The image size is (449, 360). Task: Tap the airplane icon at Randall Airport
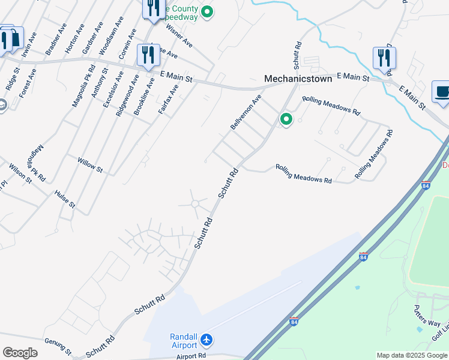[207, 340]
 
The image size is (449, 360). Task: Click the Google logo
[20, 353]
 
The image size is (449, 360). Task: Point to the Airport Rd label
[191, 355]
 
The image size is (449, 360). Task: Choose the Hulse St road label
[64, 199]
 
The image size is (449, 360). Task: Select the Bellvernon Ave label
[246, 112]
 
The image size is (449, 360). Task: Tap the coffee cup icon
[442, 92]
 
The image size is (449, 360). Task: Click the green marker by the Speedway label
[207, 11]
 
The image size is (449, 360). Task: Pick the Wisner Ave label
[179, 36]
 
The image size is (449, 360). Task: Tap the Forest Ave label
[28, 83]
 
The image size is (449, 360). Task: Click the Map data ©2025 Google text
[412, 355]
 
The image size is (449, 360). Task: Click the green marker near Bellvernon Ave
[286, 120]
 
